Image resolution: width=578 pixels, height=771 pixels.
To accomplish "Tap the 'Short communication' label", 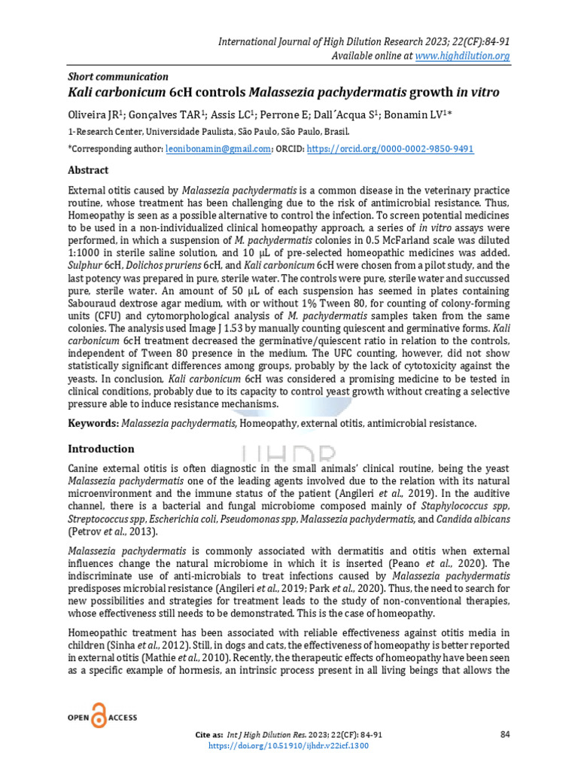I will (x=118, y=77).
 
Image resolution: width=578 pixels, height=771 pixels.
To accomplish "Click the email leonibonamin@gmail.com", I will (x=218, y=149).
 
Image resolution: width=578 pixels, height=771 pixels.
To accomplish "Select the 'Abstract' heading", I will (x=88, y=170).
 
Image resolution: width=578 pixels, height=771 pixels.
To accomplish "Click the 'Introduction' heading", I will (x=101, y=449).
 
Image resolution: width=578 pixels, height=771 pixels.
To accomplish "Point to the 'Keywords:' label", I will (x=93, y=424).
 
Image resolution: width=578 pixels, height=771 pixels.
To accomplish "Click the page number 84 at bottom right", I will (x=504, y=733).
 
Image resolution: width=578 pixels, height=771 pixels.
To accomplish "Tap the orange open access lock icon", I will (x=98, y=717).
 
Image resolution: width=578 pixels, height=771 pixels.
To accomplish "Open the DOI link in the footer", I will (x=289, y=745).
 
